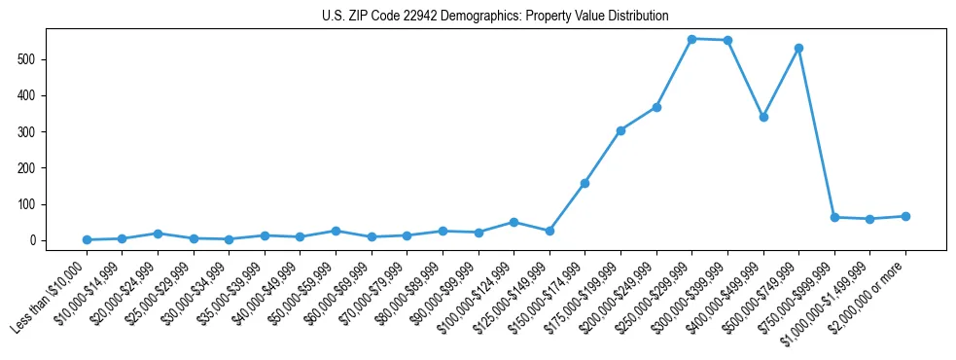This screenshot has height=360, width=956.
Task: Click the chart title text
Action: click(x=495, y=17)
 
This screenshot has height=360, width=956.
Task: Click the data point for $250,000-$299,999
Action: click(x=691, y=39)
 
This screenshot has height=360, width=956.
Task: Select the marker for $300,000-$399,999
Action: click(x=727, y=40)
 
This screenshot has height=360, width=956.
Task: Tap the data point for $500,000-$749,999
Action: click(x=798, y=48)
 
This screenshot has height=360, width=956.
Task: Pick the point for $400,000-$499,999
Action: click(x=763, y=117)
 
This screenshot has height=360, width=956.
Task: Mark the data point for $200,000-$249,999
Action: click(x=656, y=107)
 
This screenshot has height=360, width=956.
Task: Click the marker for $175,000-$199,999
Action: click(x=620, y=130)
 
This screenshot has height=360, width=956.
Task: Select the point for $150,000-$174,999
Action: click(x=584, y=183)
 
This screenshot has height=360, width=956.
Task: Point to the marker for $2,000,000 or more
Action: click(x=905, y=216)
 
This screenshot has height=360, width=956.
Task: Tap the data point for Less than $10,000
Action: click(x=87, y=239)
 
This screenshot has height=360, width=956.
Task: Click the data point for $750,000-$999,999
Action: click(x=834, y=217)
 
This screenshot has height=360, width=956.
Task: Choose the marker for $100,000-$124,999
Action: click(x=513, y=222)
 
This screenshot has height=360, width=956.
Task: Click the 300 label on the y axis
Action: click(x=35, y=132)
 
